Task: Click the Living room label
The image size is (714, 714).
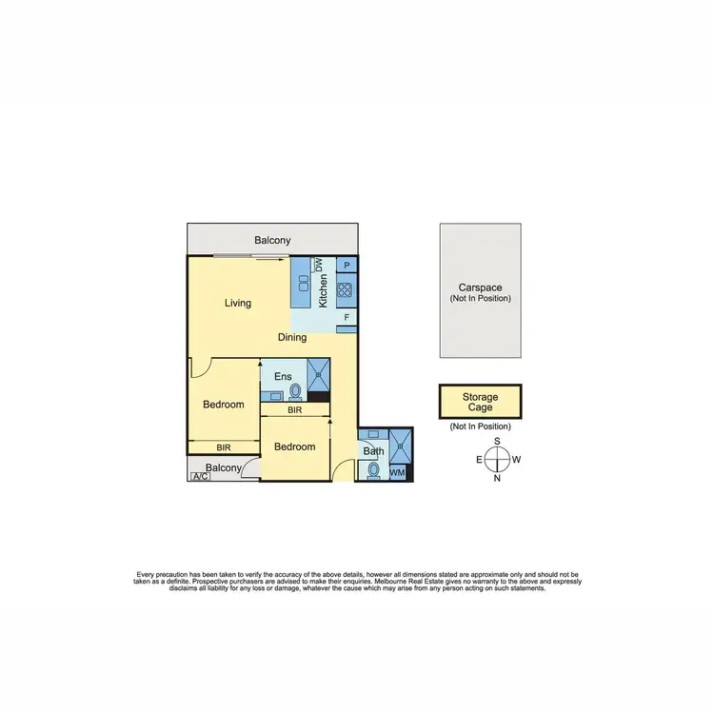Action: coord(238,304)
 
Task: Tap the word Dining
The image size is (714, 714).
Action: coord(292,337)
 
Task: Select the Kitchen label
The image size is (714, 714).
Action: coord(324,288)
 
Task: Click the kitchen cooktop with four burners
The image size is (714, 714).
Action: coord(346,289)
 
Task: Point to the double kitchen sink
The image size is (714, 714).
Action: coord(303,284)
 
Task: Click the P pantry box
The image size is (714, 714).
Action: coord(347,266)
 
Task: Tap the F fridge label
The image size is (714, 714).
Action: coord(347,316)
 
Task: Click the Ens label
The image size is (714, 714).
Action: coord(283,377)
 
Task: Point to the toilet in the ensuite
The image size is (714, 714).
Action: coord(295,390)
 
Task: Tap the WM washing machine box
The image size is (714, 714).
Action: coord(397,472)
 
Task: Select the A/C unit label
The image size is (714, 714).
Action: coord(199,476)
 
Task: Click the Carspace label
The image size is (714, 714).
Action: coord(480,288)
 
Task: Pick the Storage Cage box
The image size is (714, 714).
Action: coord(480,401)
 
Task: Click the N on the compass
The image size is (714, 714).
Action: coord(497,478)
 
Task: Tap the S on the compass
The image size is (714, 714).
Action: coord(497,442)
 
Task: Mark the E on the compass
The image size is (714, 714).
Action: coord(479,460)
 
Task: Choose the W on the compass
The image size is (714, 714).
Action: coord(516,460)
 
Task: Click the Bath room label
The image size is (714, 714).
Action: coord(373,451)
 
